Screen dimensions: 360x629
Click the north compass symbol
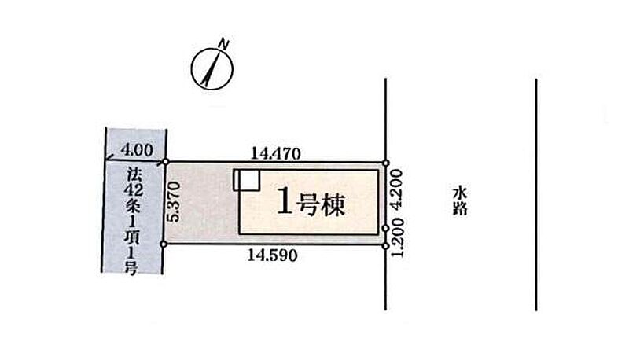(211, 70)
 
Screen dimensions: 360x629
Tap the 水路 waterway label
(461, 200)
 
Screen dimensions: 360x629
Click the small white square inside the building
(246, 180)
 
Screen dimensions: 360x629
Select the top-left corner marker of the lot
(165, 163)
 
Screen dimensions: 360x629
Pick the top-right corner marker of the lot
(385, 163)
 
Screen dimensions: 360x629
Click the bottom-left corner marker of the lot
(164, 244)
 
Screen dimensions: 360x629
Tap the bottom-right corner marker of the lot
(385, 245)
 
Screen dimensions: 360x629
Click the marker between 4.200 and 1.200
(385, 228)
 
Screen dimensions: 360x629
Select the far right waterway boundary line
(536, 197)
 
